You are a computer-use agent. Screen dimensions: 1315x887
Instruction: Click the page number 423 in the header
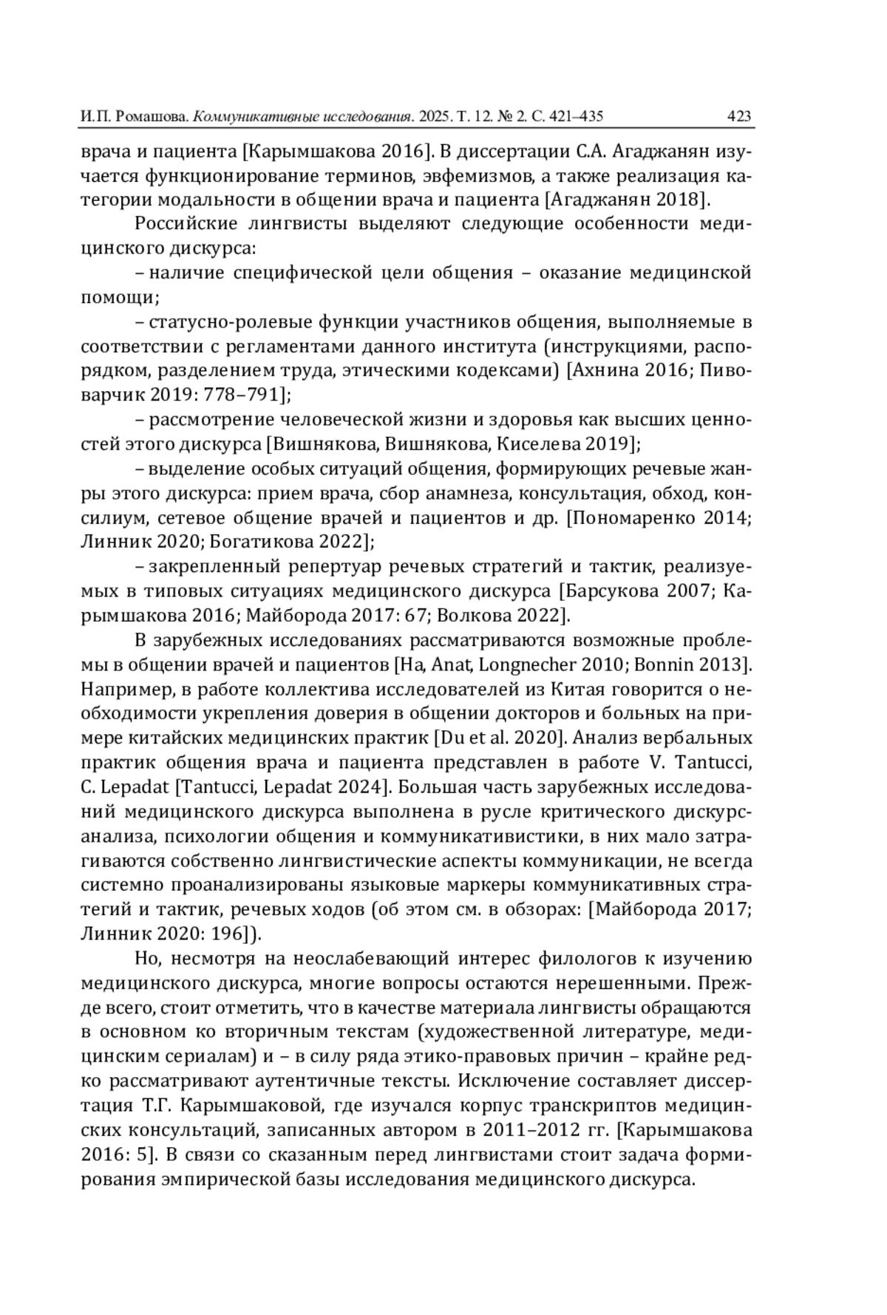(x=739, y=116)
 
